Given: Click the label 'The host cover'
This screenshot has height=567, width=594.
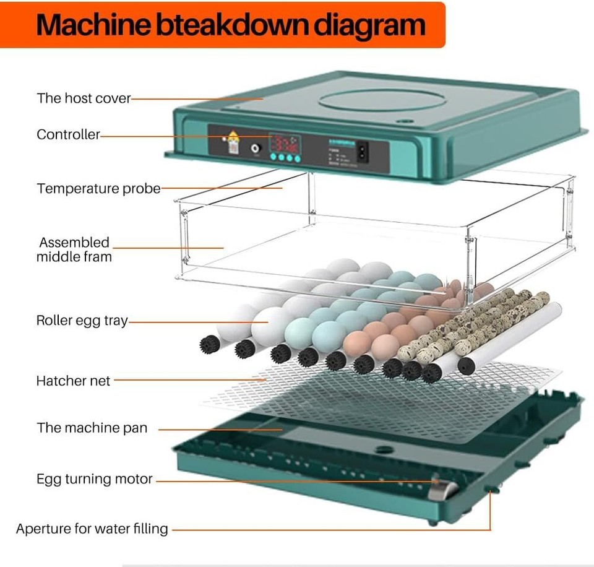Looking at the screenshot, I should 84,98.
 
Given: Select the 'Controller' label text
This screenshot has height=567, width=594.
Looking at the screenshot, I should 68,134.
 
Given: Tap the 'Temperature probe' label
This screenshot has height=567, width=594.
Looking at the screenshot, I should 98,188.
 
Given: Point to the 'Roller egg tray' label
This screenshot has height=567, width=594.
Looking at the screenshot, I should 82,321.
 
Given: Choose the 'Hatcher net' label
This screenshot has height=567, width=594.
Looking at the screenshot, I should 73,381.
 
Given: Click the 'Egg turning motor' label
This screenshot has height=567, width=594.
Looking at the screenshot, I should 94,479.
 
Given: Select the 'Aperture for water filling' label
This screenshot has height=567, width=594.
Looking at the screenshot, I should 92,529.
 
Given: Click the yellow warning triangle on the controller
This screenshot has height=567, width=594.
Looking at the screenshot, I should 233,137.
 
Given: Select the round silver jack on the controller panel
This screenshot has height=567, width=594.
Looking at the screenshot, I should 254,149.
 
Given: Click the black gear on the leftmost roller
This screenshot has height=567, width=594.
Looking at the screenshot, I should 209,344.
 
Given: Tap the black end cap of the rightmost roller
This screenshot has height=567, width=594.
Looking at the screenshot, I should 467,365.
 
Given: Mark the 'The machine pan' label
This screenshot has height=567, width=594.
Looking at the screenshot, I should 92,428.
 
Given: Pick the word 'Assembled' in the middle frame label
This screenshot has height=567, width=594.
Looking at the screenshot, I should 74,243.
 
